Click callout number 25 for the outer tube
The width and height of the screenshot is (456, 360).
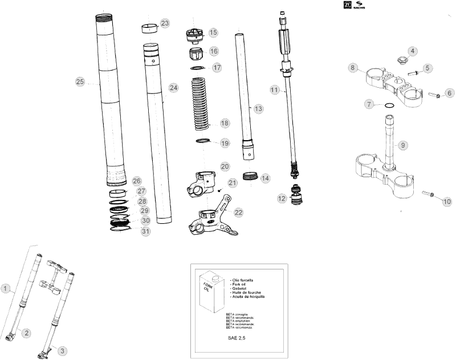pos(80,81)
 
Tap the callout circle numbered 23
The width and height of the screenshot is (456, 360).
pos(165,23)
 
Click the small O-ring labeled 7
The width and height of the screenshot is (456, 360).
pos(388,105)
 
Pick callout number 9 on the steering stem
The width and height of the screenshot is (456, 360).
pos(402,145)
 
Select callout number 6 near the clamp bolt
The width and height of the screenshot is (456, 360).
pos(449,92)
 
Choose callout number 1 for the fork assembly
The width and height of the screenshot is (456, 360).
pos(5,288)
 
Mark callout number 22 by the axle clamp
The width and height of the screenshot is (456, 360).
pos(238,212)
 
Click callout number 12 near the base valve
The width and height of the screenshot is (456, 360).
pos(281,199)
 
